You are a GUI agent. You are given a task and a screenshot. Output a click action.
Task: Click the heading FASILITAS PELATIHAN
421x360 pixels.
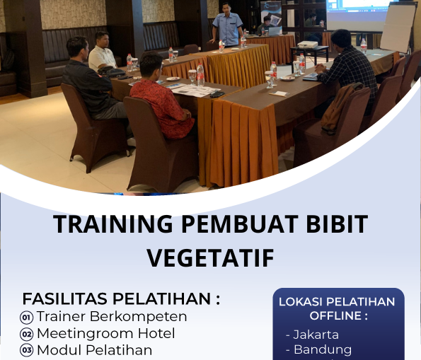(121, 298)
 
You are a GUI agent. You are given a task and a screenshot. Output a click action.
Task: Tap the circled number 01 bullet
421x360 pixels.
(27, 317)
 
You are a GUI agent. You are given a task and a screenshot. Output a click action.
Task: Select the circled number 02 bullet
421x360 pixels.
(27, 334)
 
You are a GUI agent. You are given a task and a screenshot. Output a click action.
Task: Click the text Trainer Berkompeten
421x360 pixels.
(112, 316)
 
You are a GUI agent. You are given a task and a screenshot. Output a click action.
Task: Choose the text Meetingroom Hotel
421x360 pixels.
(105, 333)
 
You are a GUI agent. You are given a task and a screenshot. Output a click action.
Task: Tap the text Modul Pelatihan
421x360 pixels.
(94, 350)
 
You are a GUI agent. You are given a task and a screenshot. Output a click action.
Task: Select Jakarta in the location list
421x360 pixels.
(316, 335)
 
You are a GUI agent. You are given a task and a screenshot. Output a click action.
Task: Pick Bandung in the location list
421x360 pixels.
(322, 350)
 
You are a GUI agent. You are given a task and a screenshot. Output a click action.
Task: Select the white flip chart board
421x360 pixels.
(398, 27)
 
